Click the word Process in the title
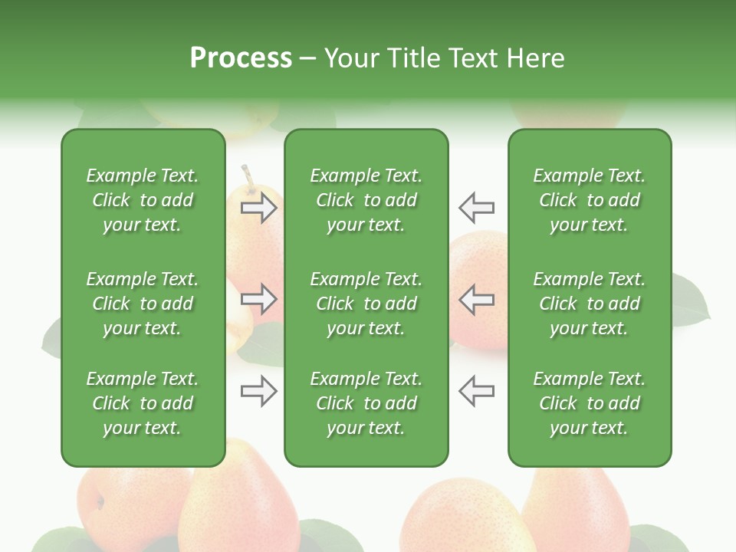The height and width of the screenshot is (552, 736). pyautogui.click(x=241, y=58)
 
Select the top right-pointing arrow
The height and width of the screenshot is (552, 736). pyautogui.click(x=259, y=208)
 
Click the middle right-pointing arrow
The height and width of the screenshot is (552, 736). pyautogui.click(x=259, y=299)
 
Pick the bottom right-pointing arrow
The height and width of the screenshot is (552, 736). pyautogui.click(x=259, y=391)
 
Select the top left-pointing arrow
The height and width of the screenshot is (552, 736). pyautogui.click(x=476, y=208)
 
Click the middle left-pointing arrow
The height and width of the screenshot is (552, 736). pyautogui.click(x=476, y=299)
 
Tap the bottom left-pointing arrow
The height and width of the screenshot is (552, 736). pyautogui.click(x=476, y=391)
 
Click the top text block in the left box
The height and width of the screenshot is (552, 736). pyautogui.click(x=143, y=200)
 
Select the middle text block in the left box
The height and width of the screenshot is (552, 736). pyautogui.click(x=143, y=304)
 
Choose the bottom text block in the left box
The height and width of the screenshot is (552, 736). pyautogui.click(x=143, y=403)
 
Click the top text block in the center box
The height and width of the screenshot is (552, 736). pyautogui.click(x=366, y=200)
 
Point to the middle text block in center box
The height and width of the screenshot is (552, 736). pyautogui.click(x=366, y=304)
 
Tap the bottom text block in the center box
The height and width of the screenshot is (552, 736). pyautogui.click(x=366, y=403)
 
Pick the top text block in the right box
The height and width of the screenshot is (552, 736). pyautogui.click(x=589, y=200)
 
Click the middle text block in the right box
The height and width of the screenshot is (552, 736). pyautogui.click(x=589, y=304)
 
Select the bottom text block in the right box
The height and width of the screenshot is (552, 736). pyautogui.click(x=589, y=403)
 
